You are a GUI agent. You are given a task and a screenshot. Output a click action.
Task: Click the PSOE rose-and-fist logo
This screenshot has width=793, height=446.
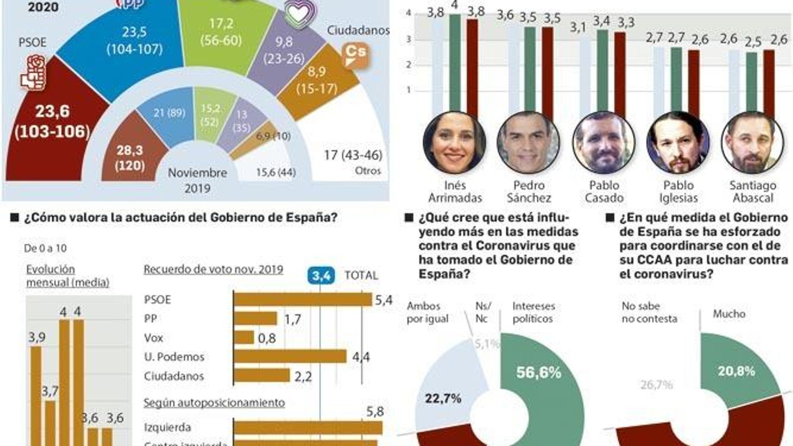[x=33, y=73]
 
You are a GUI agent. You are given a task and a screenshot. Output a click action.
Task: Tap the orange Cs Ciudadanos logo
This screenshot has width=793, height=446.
[x=355, y=55]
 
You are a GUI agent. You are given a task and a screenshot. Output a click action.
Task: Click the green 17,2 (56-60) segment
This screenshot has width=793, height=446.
[x=221, y=32]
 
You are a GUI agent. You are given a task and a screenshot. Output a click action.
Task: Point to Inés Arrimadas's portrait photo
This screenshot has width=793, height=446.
[x=454, y=143]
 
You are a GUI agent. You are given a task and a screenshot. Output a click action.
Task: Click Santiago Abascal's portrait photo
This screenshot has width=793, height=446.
[x=752, y=143]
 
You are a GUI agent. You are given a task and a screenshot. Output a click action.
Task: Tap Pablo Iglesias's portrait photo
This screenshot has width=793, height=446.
[x=678, y=143]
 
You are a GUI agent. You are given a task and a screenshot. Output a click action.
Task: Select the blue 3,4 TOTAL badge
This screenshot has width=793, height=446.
[x=321, y=276]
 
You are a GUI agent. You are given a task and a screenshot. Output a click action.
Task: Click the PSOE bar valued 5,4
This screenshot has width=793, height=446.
[x=302, y=299]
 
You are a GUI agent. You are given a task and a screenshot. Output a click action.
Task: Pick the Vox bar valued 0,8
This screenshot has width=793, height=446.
[x=244, y=337]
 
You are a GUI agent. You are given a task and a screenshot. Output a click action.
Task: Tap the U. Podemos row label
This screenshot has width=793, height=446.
[x=174, y=357]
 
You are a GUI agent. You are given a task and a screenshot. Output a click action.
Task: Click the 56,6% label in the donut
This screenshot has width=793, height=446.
[x=538, y=373]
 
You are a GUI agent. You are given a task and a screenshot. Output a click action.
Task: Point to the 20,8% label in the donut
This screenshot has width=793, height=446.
[x=736, y=371]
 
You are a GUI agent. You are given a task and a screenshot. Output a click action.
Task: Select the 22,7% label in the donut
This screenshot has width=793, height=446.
[x=443, y=398]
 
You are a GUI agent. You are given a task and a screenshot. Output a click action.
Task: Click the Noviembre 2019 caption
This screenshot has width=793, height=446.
[x=197, y=180]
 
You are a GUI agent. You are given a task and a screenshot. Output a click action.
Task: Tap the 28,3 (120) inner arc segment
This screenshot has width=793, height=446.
[x=130, y=158]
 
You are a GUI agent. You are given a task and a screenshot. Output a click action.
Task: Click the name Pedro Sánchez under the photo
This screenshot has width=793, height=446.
[x=529, y=191]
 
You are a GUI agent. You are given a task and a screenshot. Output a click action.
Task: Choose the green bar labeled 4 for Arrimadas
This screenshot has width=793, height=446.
[x=454, y=62]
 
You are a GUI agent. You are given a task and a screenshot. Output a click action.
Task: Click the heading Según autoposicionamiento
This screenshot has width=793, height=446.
[x=214, y=402]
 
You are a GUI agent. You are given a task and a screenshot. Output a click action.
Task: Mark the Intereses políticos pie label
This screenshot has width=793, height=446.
[x=533, y=313]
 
